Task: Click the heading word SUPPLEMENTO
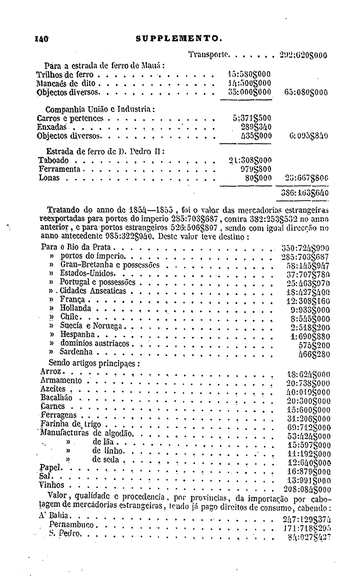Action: click(179, 37)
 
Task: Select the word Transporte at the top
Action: click(210, 54)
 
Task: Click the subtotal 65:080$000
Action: click(305, 93)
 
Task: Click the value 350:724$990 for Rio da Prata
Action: click(305, 248)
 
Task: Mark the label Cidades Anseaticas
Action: click(93, 291)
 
